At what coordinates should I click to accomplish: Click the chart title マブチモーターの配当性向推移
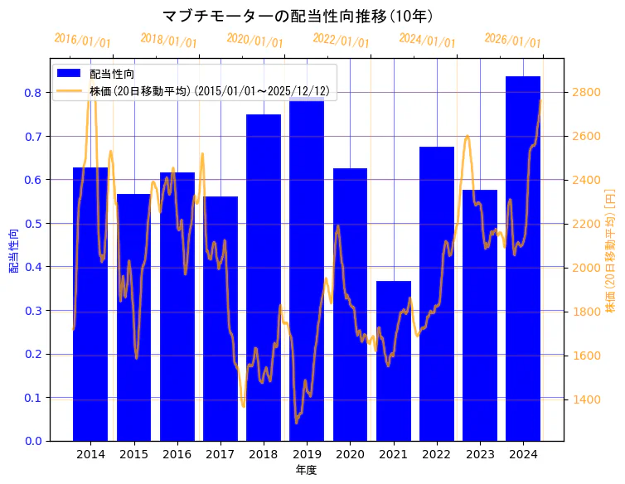297,16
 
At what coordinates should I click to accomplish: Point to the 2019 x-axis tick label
307,454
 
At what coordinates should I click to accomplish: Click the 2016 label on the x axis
177,454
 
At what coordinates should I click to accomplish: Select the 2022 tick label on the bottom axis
436,454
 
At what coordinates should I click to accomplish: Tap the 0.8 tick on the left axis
32,93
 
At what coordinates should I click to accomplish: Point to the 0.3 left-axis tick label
32,311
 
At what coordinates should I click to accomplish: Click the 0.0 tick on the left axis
32,441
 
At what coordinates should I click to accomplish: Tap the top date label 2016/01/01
82,40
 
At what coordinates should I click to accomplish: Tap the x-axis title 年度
306,470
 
